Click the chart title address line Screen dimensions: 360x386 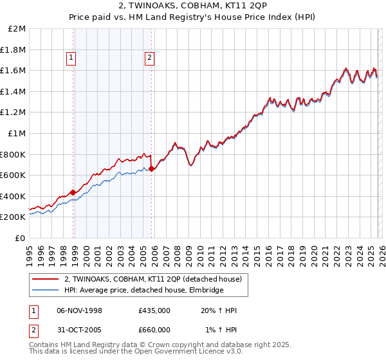(193, 6)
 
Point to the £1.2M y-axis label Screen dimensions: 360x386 (15, 113)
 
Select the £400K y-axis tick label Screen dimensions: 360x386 (15, 196)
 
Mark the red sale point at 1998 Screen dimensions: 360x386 (73, 192)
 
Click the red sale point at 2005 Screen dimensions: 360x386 (151, 169)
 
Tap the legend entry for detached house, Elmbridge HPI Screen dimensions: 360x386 (143, 290)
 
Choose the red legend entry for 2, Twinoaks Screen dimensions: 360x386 (152, 279)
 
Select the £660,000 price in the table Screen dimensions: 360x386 (154, 329)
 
